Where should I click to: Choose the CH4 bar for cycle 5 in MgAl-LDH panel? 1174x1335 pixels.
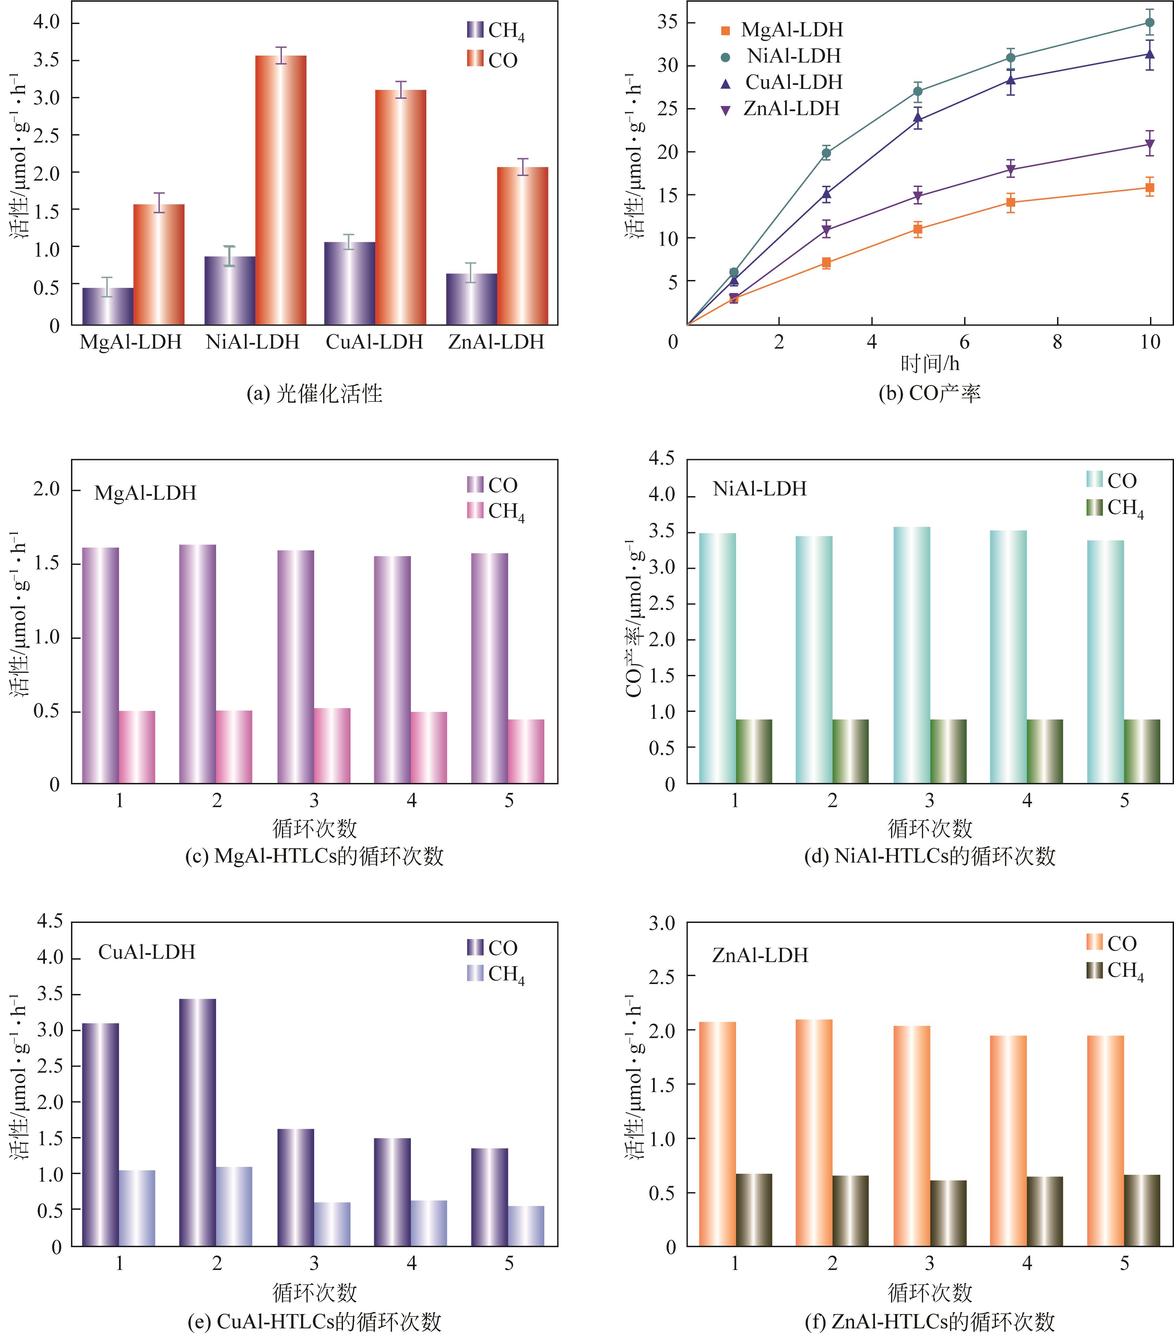coord(526,751)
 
